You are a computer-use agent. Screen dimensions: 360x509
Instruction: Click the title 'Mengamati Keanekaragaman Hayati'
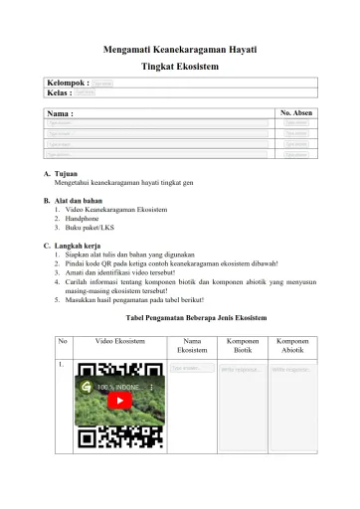coord(180,48)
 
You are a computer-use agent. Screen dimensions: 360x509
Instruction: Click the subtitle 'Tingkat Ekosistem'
coord(180,66)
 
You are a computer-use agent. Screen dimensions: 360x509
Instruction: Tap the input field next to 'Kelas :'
coord(86,92)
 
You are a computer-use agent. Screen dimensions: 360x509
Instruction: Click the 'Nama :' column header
coord(61,114)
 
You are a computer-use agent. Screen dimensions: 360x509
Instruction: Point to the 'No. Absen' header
coord(296,114)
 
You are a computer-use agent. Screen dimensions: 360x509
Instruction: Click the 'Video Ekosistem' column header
coord(120,341)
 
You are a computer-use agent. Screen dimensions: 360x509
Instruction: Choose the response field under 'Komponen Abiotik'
coord(292,369)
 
